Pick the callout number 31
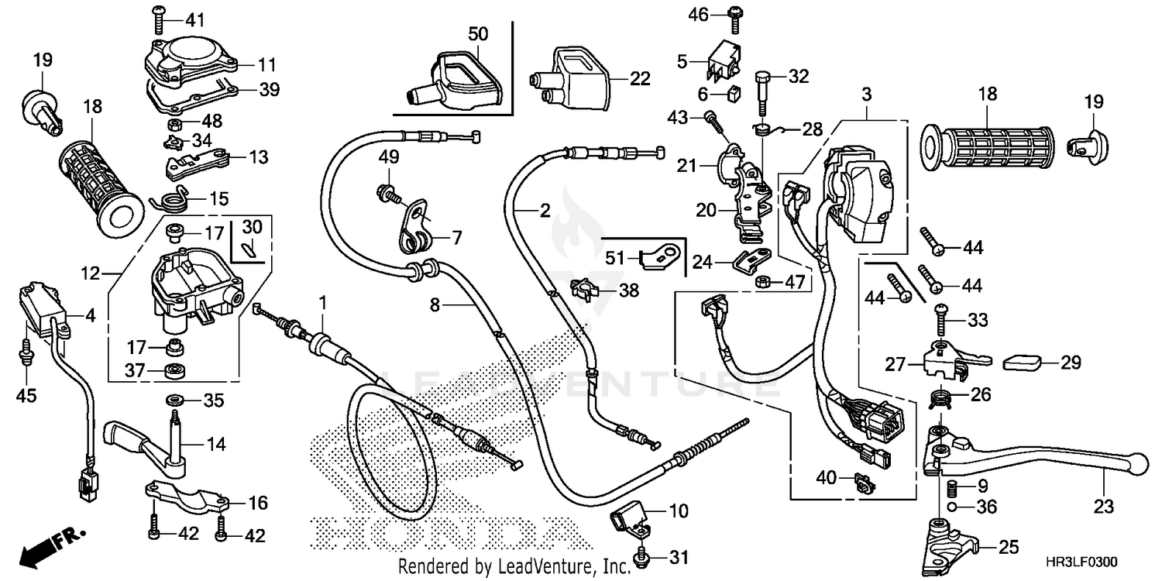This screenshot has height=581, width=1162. pos(679,556)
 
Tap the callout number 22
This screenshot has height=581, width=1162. pos(640,78)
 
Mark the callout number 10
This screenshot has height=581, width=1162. pos(678,511)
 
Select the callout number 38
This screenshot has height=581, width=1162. pos(629,291)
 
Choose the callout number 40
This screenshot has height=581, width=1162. pos(827,478)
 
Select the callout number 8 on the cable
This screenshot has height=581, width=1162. pos(435,305)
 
